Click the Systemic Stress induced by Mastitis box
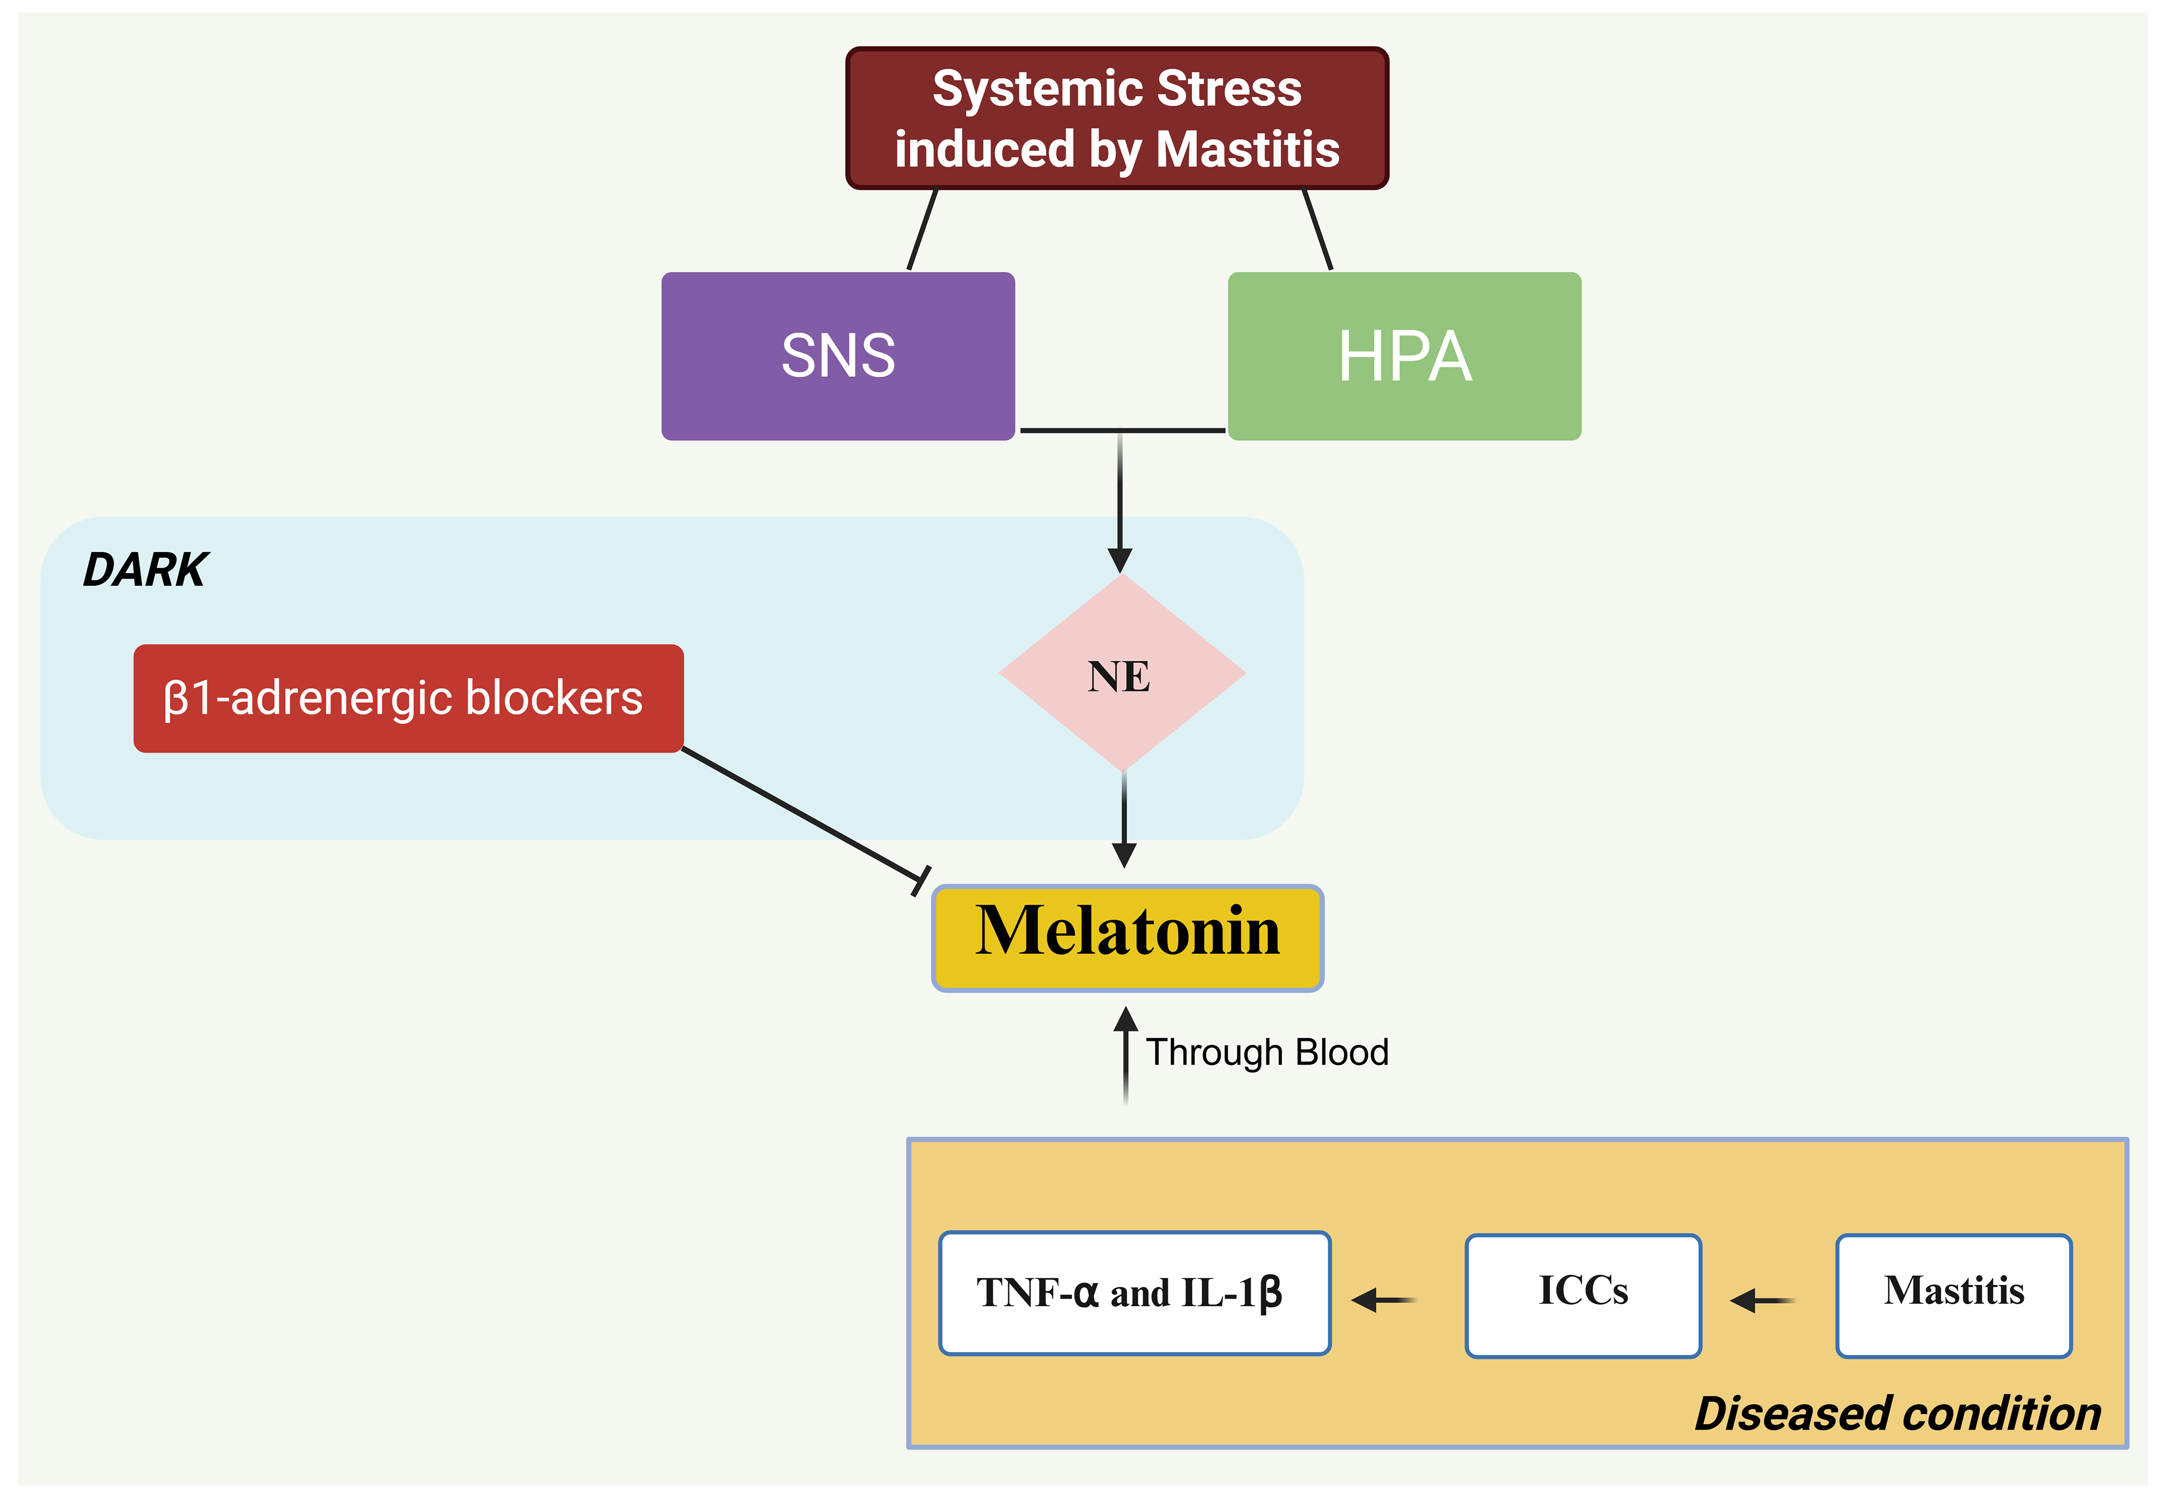tap(1116, 118)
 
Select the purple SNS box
tap(838, 356)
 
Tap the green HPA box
tap(1404, 356)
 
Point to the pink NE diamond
tap(1122, 674)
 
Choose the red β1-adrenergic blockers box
tap(408, 698)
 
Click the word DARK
tap(145, 570)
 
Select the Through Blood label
tap(1266, 1052)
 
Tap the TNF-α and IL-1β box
tap(1134, 1292)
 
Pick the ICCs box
tap(1583, 1294)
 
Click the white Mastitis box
tap(1953, 1294)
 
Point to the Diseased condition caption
tap(1897, 1413)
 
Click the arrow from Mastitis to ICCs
tap(1762, 1300)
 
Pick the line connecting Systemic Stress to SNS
tap(922, 230)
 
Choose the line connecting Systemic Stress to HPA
tap(1317, 230)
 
